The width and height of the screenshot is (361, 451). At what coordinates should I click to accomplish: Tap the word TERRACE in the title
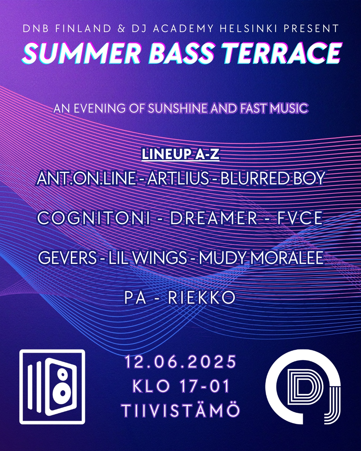(x=282, y=53)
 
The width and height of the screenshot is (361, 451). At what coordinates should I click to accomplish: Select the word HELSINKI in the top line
(x=249, y=28)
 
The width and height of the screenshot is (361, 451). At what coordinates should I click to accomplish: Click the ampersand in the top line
(x=121, y=28)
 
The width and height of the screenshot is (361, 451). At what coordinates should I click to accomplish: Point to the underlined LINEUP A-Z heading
(x=180, y=154)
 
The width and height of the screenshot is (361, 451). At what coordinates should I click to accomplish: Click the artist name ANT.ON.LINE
(x=86, y=178)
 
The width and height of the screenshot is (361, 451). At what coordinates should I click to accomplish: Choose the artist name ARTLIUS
(x=178, y=178)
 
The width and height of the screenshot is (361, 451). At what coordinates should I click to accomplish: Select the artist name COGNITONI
(x=94, y=218)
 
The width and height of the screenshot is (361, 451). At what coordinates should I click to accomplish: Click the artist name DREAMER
(x=214, y=218)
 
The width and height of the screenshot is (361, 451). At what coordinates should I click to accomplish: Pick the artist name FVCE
(x=300, y=218)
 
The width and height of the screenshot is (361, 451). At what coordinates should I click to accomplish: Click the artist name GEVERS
(x=67, y=258)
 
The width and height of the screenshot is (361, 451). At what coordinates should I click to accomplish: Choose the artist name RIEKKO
(x=202, y=297)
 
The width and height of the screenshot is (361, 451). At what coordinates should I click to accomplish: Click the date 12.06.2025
(x=180, y=362)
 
